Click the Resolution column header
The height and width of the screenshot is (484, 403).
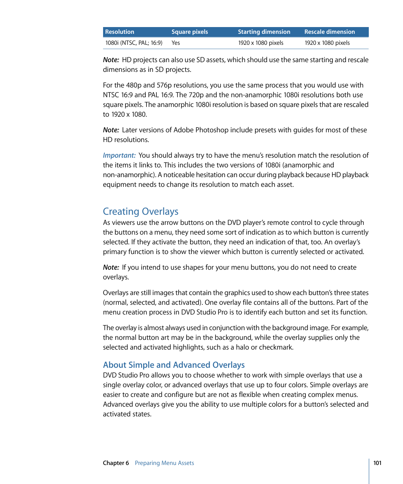coord(120,32)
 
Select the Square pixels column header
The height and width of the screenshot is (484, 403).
coord(190,32)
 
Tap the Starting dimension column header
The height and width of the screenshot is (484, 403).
coord(264,32)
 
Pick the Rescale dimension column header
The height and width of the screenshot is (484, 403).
coord(329,32)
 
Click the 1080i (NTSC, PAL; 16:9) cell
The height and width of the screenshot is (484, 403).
coord(133,43)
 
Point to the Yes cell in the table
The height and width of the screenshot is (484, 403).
coord(176,43)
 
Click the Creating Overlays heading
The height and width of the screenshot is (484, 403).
coord(141,211)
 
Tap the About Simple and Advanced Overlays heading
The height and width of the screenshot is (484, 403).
coord(174,365)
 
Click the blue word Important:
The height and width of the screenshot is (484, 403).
coord(119,156)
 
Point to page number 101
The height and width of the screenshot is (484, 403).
coord(377,463)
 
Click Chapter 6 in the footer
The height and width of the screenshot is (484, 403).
coord(116,463)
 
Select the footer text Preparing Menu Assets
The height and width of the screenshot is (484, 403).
coord(164,463)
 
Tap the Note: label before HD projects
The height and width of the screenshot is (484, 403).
coord(111,60)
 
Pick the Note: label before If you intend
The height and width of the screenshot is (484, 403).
coord(111,268)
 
